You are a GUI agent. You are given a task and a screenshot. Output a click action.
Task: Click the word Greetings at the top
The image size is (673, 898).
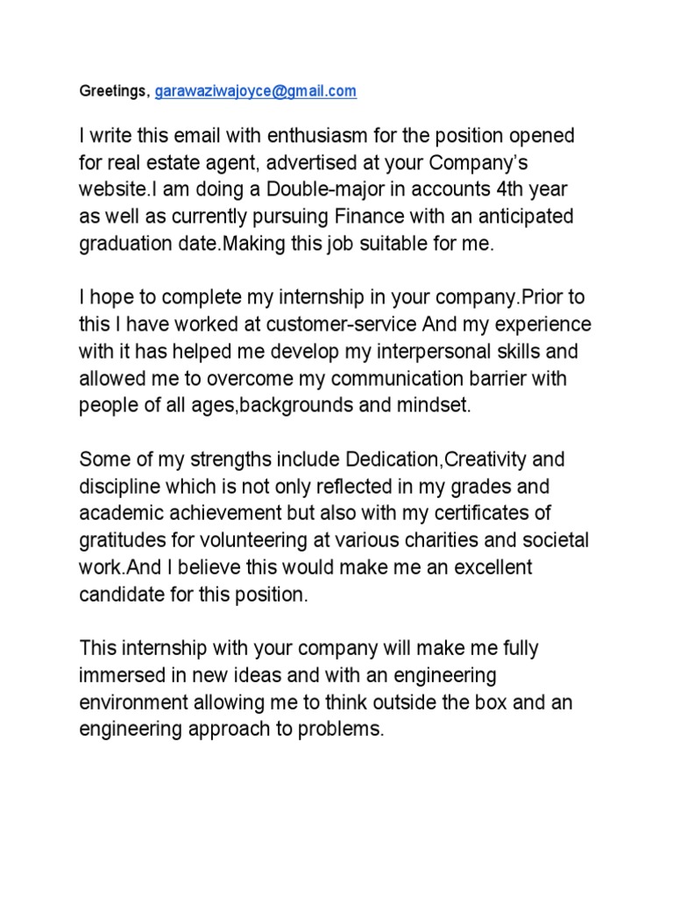[x=114, y=90]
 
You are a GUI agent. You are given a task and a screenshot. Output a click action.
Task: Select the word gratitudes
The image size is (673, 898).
[x=124, y=540]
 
